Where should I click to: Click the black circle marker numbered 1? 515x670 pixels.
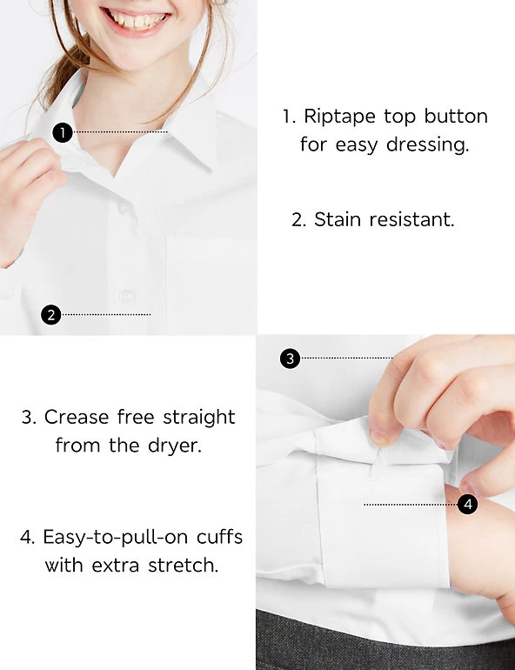pyautogui.click(x=63, y=132)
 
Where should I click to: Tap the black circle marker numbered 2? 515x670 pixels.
pyautogui.click(x=50, y=314)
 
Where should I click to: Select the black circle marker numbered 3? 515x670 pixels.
pyautogui.click(x=290, y=358)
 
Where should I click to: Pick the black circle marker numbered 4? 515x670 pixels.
pyautogui.click(x=468, y=504)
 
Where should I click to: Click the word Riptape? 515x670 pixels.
pyautogui.click(x=339, y=117)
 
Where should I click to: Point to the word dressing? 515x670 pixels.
pyautogui.click(x=427, y=145)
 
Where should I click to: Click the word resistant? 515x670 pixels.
pyautogui.click(x=411, y=219)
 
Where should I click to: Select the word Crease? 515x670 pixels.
pyautogui.click(x=77, y=417)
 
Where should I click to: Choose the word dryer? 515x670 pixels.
pyautogui.click(x=175, y=446)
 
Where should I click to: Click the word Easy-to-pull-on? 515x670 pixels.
pyautogui.click(x=116, y=538)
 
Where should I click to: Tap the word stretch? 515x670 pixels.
pyautogui.click(x=184, y=566)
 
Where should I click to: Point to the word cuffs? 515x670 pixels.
pyautogui.click(x=219, y=537)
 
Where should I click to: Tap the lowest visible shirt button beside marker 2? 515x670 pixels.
pyautogui.click(x=126, y=296)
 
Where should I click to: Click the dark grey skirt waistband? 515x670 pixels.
pyautogui.click(x=385, y=641)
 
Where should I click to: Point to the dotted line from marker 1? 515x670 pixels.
pyautogui.click(x=120, y=132)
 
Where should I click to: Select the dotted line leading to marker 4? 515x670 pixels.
pyautogui.click(x=411, y=505)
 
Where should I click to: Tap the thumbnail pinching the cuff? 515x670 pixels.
pyautogui.click(x=379, y=437)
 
